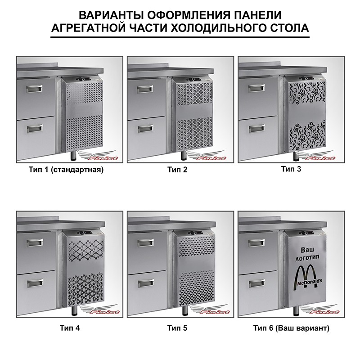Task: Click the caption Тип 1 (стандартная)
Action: point(66,170)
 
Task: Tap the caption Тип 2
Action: point(177,170)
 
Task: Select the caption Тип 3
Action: point(291,169)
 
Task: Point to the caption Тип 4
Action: point(70,328)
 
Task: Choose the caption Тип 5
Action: point(177,328)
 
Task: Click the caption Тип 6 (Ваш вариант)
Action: point(291,328)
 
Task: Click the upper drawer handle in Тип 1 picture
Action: point(35,89)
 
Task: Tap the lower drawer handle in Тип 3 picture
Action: point(256,129)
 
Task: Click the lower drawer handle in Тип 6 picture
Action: point(257,284)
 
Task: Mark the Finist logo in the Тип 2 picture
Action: point(207,156)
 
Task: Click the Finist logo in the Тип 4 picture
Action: point(99,310)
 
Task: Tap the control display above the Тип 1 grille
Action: point(87,79)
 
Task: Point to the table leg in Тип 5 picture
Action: point(184,310)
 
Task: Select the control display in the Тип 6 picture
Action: point(309,234)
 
